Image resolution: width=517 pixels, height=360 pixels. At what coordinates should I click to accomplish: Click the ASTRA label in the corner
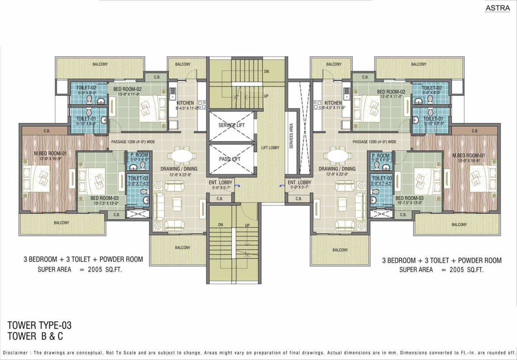coord(498,8)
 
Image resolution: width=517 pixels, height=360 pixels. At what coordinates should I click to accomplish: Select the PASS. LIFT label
coord(230,159)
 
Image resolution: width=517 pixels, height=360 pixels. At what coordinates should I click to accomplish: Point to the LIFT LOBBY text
coord(270,148)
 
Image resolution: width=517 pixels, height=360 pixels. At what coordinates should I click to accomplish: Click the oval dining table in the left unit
coord(179,155)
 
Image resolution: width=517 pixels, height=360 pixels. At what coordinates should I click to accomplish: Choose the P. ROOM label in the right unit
coord(380,155)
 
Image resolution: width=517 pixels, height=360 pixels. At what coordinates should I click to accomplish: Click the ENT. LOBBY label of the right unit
coord(299,182)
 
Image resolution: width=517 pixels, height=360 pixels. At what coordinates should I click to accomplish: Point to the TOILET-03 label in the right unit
coord(381,178)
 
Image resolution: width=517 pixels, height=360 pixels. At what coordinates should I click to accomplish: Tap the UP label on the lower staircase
coord(247,225)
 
